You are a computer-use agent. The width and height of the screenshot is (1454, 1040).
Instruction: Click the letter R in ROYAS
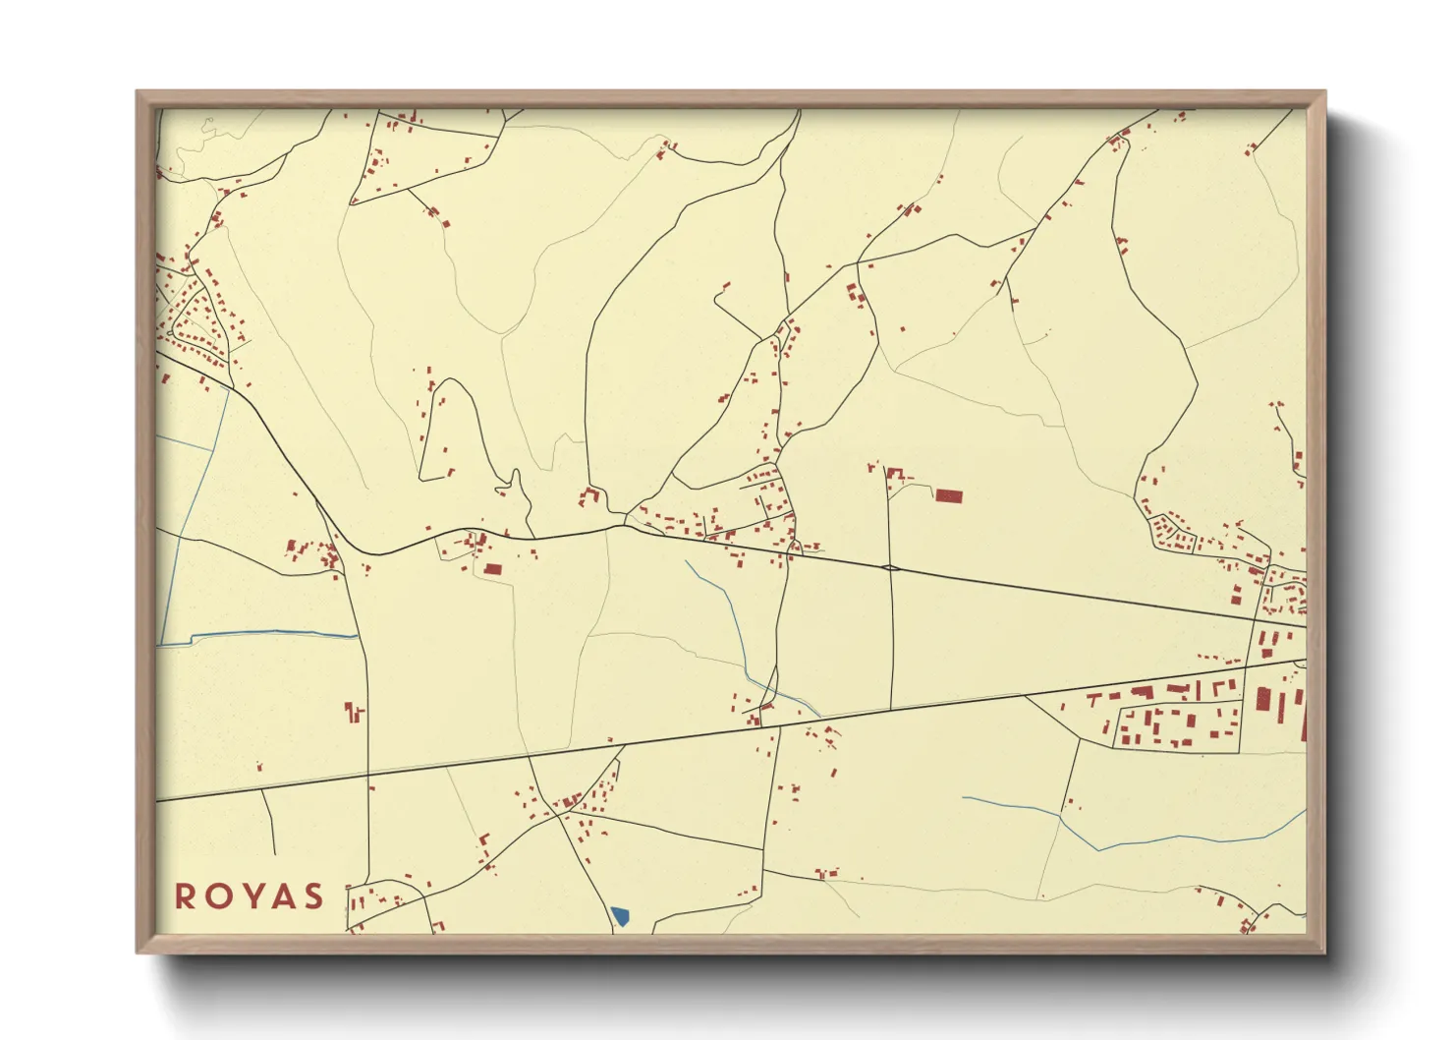(x=185, y=896)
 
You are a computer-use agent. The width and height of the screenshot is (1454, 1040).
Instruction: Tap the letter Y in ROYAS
(x=250, y=896)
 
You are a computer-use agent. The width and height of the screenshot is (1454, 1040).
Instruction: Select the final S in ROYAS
(x=313, y=896)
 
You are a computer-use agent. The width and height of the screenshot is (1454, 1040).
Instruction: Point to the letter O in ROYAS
(x=216, y=896)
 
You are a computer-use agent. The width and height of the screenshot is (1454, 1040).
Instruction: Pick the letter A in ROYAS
(x=282, y=896)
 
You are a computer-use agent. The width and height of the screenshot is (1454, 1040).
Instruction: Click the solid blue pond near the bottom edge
(x=620, y=917)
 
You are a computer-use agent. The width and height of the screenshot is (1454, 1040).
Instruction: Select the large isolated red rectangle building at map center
(x=948, y=496)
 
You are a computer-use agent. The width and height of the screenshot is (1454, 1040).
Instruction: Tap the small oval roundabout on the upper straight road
(x=890, y=567)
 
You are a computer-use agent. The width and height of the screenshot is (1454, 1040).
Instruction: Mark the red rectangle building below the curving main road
(x=492, y=568)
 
